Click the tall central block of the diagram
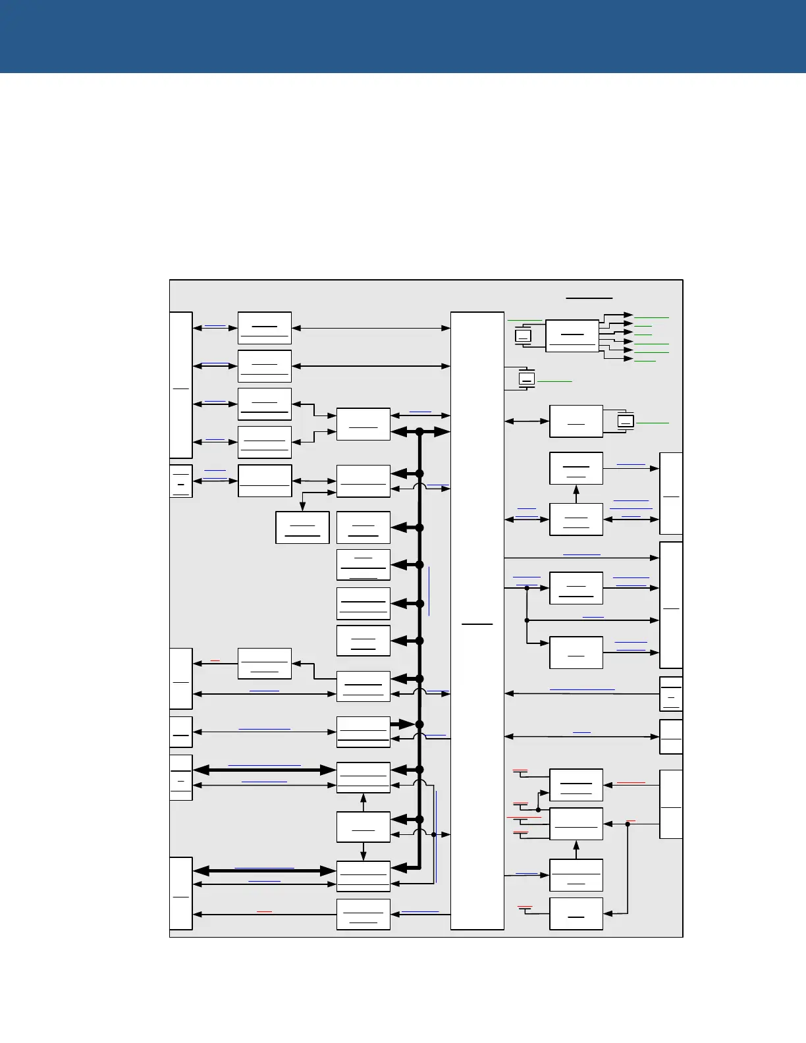click(x=477, y=620)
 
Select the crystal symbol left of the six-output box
click(x=523, y=336)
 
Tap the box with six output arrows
click(x=572, y=336)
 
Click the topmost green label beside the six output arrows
click(x=651, y=317)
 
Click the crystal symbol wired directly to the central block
click(x=526, y=379)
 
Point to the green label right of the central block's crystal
click(x=554, y=381)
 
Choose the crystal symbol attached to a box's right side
click(x=626, y=421)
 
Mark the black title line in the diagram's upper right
click(x=589, y=298)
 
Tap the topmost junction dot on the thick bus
click(x=419, y=432)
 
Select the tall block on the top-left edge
click(x=181, y=385)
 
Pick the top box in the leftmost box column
click(x=264, y=328)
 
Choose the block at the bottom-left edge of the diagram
click(x=181, y=894)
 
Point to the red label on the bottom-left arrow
click(x=264, y=911)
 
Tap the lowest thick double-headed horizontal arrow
click(x=264, y=870)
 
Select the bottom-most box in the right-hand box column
click(x=576, y=914)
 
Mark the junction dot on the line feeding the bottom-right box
click(x=628, y=824)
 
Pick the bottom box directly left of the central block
click(x=363, y=914)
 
